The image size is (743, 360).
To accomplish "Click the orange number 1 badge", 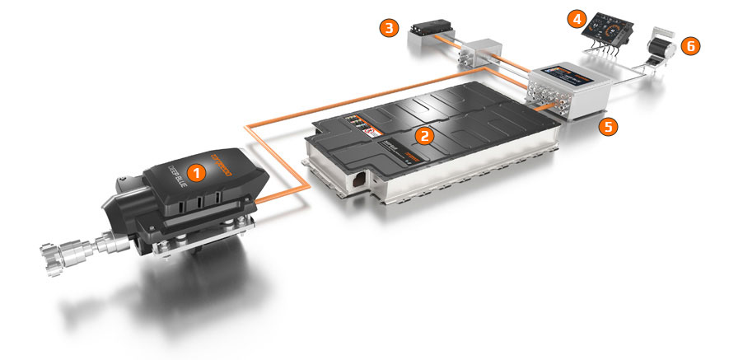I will tap(195, 171).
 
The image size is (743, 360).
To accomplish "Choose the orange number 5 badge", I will tap(608, 128).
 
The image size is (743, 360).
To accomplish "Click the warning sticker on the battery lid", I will tap(369, 132).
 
